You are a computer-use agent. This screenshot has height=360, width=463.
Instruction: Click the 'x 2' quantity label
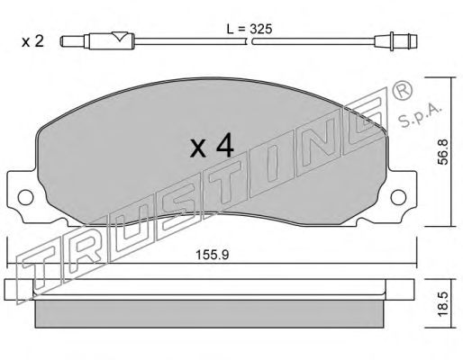pos(32,41)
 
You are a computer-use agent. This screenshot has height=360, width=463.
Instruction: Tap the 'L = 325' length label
pos(250,29)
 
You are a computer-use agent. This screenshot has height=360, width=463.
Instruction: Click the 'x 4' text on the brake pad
pos(212,146)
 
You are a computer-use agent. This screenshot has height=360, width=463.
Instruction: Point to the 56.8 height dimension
pos(443,152)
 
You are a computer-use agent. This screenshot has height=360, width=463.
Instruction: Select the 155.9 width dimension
pos(213,256)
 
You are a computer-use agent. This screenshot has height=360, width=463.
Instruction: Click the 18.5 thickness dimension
pos(443,304)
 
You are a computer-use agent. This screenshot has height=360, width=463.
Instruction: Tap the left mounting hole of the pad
pos(25,197)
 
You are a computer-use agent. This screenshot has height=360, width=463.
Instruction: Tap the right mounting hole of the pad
pos(398,197)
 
